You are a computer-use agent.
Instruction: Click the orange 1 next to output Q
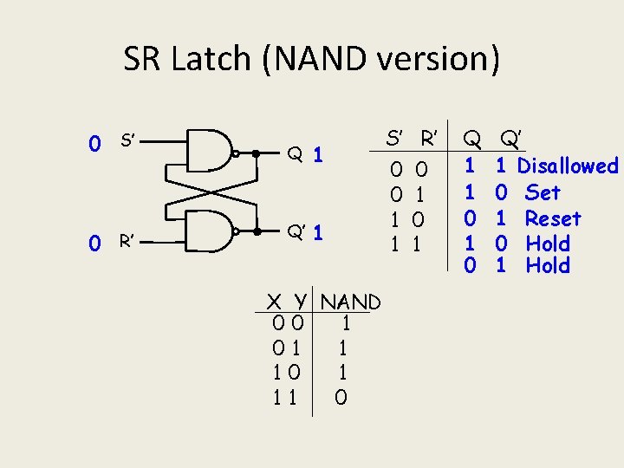pos(319,154)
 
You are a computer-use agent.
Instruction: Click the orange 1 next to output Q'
pos(319,233)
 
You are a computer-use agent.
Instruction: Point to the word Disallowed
pos(567,166)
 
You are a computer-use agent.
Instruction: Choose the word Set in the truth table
pos(543,192)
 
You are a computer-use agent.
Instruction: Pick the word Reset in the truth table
pos(553,218)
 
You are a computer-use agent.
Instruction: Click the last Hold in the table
pos(548,265)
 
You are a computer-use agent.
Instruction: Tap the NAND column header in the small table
pos(350,302)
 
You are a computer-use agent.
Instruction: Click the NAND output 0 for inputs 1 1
pos(341,398)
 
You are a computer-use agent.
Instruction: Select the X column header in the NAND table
pos(274,302)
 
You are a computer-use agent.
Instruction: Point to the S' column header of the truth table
pos(395,138)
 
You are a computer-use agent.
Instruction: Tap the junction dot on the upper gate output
pos(255,153)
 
